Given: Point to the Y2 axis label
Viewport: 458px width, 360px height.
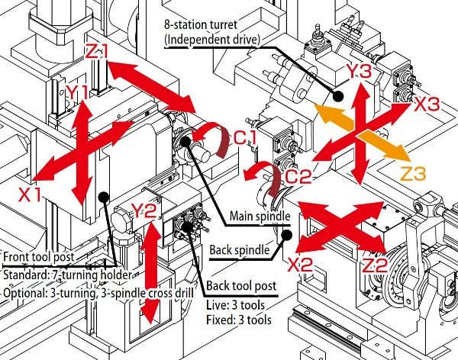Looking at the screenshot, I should pyautogui.click(x=144, y=209).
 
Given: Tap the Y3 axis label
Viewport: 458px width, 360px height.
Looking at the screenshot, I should pyautogui.click(x=360, y=72).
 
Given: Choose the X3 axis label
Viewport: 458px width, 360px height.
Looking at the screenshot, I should pyautogui.click(x=427, y=106).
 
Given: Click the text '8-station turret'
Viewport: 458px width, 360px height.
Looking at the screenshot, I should pyautogui.click(x=200, y=24).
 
